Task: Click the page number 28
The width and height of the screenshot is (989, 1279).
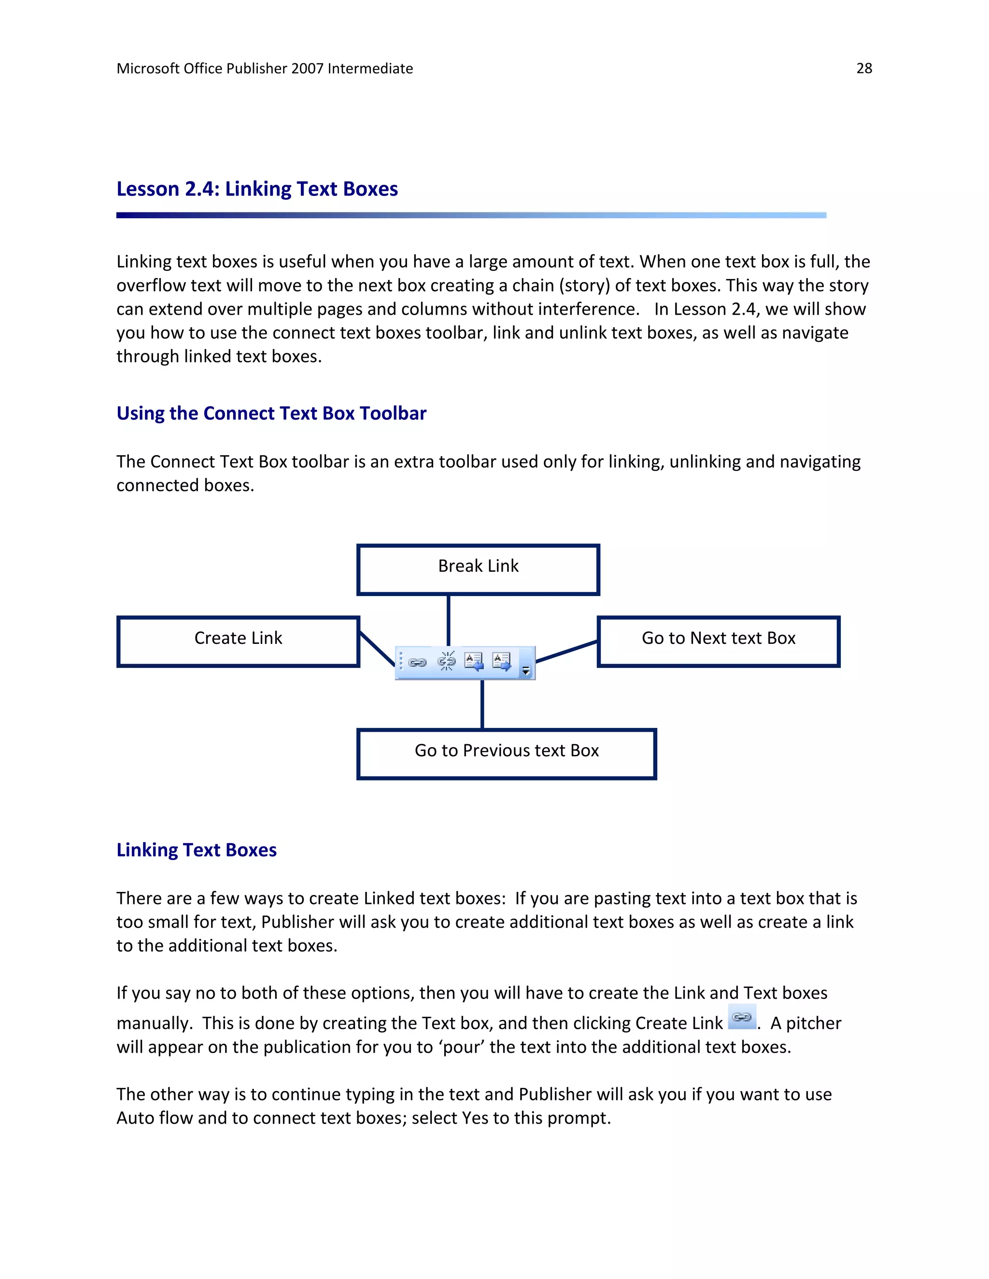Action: click(x=863, y=69)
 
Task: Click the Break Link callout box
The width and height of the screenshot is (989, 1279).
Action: click(x=478, y=569)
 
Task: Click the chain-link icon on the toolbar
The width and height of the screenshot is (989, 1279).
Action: click(x=417, y=662)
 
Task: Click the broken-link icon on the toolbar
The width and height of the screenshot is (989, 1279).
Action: click(x=447, y=662)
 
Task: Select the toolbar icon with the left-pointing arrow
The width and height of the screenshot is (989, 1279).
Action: click(x=473, y=662)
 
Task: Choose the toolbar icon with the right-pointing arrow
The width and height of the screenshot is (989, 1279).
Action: click(x=502, y=662)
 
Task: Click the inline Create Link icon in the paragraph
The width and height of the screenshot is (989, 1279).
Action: click(x=742, y=1017)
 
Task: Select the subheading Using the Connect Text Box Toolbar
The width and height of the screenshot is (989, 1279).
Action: click(x=271, y=414)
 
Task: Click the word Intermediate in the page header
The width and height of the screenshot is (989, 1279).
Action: click(x=370, y=69)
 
